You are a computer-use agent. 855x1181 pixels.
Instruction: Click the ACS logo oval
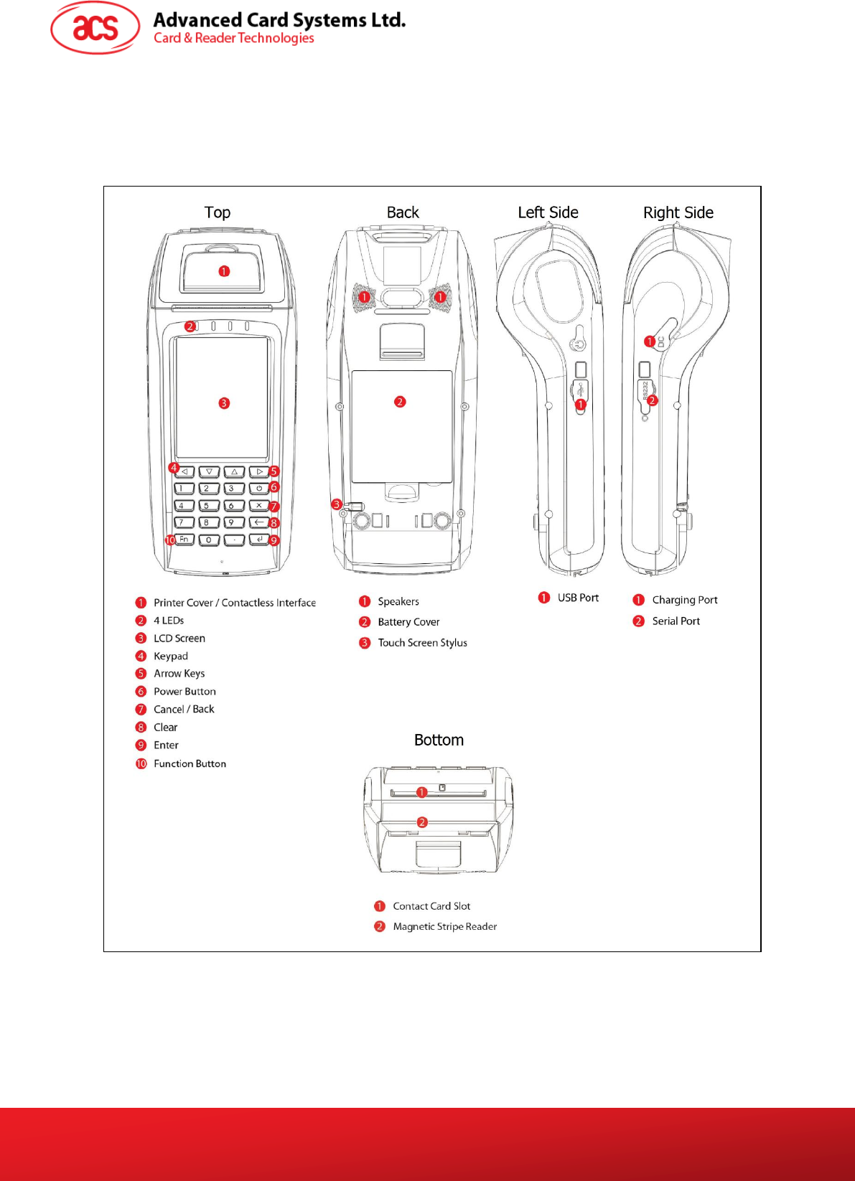95,28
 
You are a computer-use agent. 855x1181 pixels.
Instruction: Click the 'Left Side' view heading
548,212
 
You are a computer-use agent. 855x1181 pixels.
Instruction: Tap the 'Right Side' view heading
678,212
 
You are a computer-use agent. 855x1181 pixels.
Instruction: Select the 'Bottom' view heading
439,740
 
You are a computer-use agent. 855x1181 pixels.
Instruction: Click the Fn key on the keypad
184,540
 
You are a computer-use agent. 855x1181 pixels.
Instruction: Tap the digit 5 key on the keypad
207,506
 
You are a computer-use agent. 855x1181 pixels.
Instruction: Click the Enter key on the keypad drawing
258,540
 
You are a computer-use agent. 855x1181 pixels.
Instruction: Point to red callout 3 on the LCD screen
224,403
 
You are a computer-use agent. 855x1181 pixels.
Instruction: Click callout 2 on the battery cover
400,402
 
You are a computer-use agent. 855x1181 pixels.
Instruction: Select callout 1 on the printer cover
224,271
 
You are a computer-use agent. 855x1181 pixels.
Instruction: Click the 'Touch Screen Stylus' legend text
422,643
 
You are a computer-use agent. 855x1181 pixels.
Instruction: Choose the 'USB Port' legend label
578,598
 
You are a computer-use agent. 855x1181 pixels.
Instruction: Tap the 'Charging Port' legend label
684,600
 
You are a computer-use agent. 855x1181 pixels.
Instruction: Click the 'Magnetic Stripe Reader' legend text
444,926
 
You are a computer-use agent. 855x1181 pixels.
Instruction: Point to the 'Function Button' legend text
190,763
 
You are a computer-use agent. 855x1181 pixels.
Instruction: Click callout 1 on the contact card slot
422,792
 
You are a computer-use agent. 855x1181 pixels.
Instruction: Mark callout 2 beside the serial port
653,400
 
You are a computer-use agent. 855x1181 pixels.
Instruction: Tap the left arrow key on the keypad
184,472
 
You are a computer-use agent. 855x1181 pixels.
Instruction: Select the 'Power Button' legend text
184,692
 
